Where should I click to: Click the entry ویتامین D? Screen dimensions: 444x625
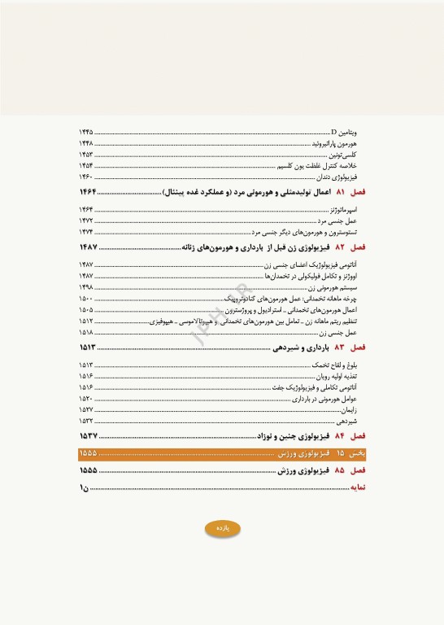[x=347, y=131]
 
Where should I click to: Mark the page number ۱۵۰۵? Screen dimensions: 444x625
[x=86, y=310]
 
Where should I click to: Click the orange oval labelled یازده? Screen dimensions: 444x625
[x=223, y=528]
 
